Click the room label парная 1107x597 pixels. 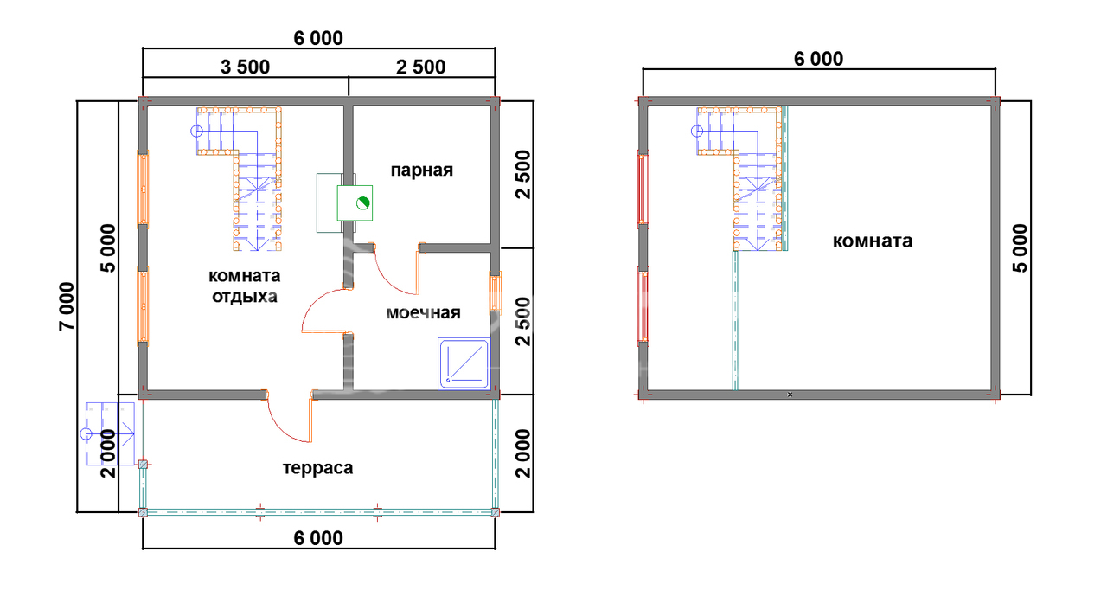[421, 170]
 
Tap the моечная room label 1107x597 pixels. [423, 313]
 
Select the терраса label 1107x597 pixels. [317, 468]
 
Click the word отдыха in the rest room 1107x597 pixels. [245, 297]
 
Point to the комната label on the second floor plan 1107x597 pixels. [873, 241]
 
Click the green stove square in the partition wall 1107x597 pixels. [355, 202]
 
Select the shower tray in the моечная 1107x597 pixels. [464, 363]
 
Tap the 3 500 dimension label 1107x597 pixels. [245, 67]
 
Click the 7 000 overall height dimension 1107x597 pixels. [67, 306]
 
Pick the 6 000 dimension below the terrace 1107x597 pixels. [318, 538]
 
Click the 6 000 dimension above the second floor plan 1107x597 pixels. [818, 59]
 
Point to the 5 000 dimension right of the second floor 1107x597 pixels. [1020, 248]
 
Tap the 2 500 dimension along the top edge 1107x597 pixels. [420, 67]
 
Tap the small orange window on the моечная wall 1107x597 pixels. [496, 292]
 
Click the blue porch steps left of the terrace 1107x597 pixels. [110, 434]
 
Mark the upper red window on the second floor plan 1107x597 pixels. [643, 189]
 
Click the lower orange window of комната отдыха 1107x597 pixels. [143, 306]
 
